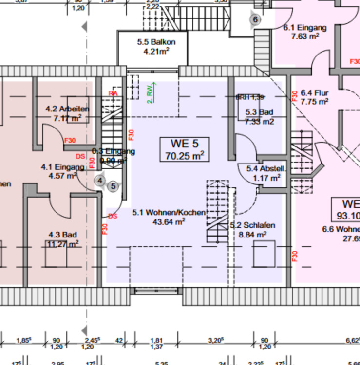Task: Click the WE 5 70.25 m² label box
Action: tap(185, 149)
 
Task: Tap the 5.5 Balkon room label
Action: tap(156, 42)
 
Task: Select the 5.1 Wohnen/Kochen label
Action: tap(169, 213)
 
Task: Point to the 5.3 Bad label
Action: tap(260, 112)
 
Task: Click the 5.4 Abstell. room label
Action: tap(266, 169)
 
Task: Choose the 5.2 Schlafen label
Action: tap(252, 225)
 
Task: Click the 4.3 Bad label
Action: tap(63, 235)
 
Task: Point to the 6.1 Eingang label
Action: tap(305, 27)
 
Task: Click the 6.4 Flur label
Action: tap(315, 93)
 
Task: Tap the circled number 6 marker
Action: tap(255, 19)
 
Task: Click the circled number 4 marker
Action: tap(100, 180)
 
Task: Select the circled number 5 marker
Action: tap(114, 185)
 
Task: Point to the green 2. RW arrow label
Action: tap(151, 92)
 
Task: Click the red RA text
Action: tap(113, 93)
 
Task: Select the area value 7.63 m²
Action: tap(305, 36)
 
